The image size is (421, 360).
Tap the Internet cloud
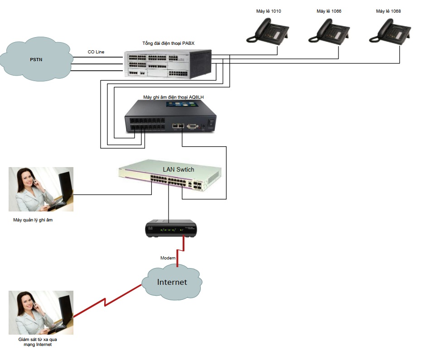coord(172,282)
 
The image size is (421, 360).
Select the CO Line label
coord(96,52)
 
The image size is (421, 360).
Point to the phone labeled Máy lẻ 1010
coord(266,31)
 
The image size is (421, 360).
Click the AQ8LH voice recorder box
coord(171,116)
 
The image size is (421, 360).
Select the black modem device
coord(171,229)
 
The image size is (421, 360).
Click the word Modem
coord(168,258)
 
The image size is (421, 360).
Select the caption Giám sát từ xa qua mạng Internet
coord(35,341)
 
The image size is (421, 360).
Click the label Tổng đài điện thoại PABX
coord(168,43)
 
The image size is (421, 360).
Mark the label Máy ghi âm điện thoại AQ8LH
coord(170,97)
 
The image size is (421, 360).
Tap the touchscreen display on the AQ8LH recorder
coord(184,104)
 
